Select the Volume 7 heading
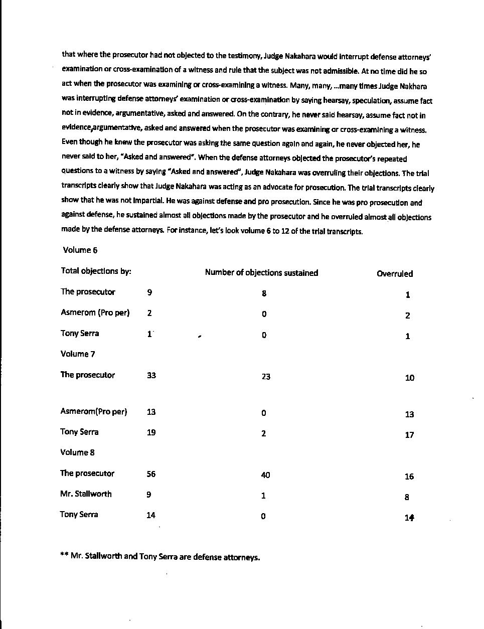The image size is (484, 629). [78, 354]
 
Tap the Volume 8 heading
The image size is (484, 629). [77, 452]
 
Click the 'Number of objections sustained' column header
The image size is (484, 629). [261, 273]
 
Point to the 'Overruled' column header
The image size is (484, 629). [395, 274]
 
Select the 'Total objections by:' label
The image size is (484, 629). [96, 271]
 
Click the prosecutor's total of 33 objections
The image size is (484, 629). [151, 375]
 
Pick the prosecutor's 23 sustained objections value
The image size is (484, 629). [266, 376]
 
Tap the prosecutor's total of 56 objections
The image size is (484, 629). [151, 474]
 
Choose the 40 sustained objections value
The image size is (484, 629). [265, 475]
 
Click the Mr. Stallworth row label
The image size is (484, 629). [86, 494]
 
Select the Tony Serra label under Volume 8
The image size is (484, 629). [79, 515]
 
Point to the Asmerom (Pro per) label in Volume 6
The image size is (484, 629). [95, 312]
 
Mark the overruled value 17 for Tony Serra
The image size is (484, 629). [409, 435]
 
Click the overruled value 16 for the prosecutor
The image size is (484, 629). [409, 477]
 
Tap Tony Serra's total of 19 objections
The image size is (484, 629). [151, 432]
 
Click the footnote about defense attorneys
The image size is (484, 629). [160, 556]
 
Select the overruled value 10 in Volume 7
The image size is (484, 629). [410, 378]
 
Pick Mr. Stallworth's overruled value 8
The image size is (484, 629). [407, 498]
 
